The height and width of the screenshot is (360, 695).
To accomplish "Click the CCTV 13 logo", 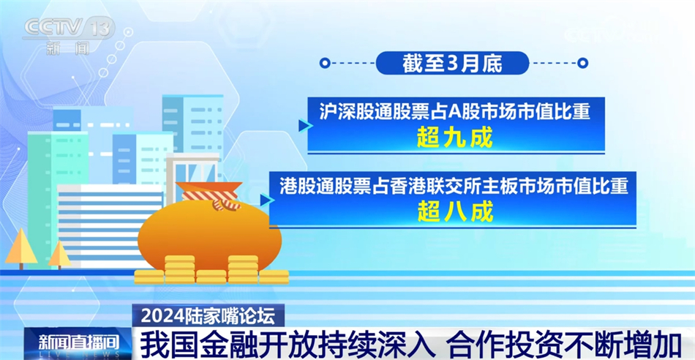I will pyautogui.click(x=69, y=33).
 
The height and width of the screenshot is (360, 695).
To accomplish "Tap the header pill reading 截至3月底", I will pyautogui.click(x=452, y=63).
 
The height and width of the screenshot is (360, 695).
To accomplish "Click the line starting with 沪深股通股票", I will pyautogui.click(x=454, y=111).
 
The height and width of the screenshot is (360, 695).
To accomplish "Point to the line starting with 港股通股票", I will pyautogui.click(x=454, y=186).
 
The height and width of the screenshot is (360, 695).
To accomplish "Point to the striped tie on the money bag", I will pyautogui.click(x=211, y=198).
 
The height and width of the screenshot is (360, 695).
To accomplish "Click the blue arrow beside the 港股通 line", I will pyautogui.click(x=265, y=200).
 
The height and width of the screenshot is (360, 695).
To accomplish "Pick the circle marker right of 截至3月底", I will pyautogui.click(x=582, y=63).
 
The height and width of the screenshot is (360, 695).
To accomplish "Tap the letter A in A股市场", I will pyautogui.click(x=453, y=111).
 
